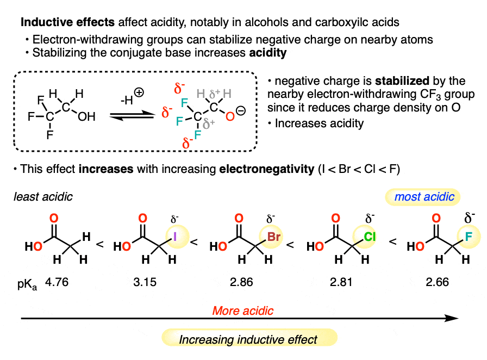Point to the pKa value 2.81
(340, 283)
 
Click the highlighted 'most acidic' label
(424, 196)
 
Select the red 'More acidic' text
(242, 311)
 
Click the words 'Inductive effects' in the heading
(60, 23)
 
